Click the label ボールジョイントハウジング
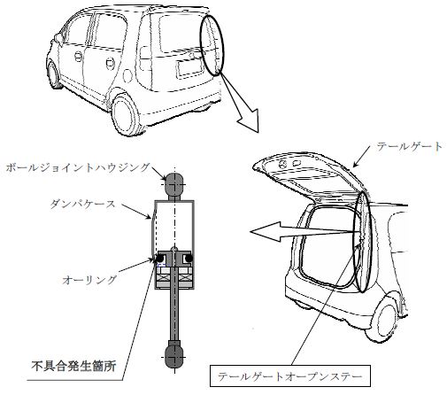click(x=78, y=168)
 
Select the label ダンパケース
click(x=82, y=205)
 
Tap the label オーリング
click(x=89, y=280)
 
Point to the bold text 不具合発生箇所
click(x=73, y=367)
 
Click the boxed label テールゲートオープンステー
click(x=290, y=376)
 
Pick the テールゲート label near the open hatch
click(x=410, y=147)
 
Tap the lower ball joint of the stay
click(x=174, y=354)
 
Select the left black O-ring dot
click(x=159, y=259)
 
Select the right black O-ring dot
click(x=189, y=259)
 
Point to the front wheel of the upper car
click(x=54, y=74)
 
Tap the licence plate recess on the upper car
click(x=190, y=68)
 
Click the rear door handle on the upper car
click(x=110, y=64)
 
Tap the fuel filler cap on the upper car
click(x=127, y=75)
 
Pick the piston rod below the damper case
click(x=174, y=314)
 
